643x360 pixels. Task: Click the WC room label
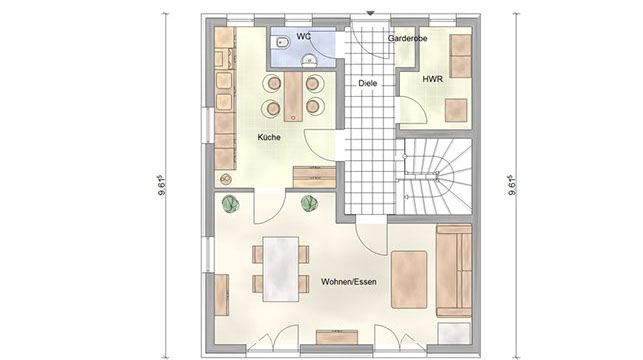coord(303,36)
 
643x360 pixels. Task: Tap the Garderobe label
coord(407,39)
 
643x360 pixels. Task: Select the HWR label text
coord(433,79)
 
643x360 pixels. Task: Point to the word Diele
coord(367,83)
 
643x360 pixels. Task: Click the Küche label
coord(269,137)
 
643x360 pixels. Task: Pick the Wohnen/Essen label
coord(349,282)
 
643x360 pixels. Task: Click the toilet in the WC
coord(282,42)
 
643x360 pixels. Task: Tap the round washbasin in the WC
coord(309,61)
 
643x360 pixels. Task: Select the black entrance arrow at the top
coord(370,14)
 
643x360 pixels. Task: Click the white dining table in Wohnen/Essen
coord(281,269)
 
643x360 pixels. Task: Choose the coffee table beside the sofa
coord(409,280)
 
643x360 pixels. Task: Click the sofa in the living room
coord(454,271)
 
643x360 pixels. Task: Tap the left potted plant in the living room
coord(230,203)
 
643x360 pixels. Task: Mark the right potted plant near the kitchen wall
coord(309,203)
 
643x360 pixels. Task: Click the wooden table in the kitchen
coord(293,97)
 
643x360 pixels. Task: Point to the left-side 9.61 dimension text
coord(162,185)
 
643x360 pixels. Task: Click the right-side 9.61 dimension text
coord(512,185)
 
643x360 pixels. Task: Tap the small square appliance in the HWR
coord(456,110)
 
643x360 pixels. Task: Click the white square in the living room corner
coord(454,334)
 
